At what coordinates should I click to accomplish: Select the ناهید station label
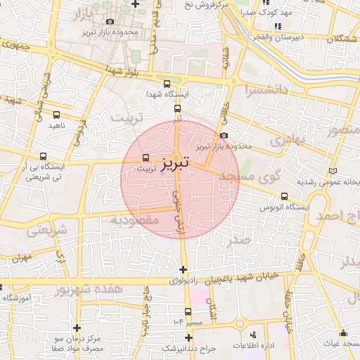56,125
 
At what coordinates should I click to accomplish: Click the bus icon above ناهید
56,115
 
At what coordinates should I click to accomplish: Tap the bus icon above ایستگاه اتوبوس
284,197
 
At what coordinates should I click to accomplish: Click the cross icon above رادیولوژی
184,270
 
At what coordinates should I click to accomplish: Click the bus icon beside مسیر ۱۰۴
188,311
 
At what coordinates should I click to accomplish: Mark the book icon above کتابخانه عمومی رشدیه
333,171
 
